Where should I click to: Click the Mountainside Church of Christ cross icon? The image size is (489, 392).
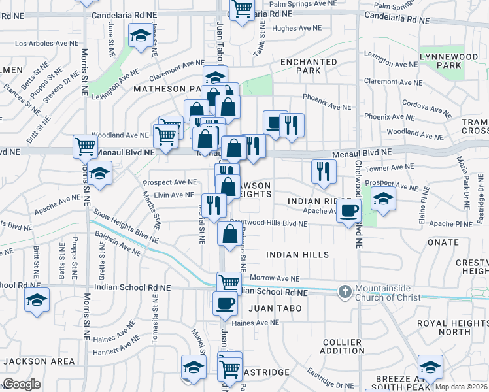[x=345, y=291]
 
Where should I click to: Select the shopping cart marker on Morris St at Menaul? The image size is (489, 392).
[x=85, y=146]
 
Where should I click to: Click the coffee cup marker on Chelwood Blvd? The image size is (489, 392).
[x=349, y=210]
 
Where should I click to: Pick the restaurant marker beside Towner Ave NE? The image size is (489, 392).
[x=324, y=171]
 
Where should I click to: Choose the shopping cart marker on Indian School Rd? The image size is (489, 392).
[x=228, y=282]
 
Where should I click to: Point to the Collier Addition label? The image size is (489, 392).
[x=343, y=346]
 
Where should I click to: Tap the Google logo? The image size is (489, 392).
[x=21, y=384]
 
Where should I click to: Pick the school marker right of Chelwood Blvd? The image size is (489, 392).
[x=383, y=197]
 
